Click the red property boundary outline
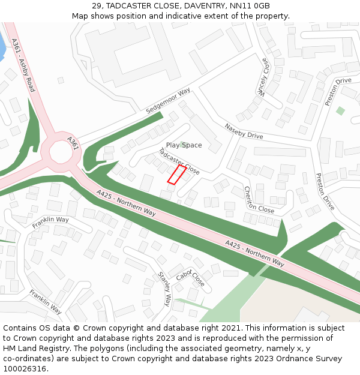(x=176, y=175)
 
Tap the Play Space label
(x=184, y=145)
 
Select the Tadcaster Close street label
(x=179, y=161)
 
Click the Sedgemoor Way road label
(x=168, y=101)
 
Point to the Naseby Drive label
(x=244, y=131)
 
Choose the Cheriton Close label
(x=259, y=200)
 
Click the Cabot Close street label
(x=190, y=275)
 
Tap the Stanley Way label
(x=164, y=289)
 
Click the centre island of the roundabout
(x=61, y=152)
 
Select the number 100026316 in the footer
(x=25, y=368)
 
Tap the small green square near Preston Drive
(x=340, y=111)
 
